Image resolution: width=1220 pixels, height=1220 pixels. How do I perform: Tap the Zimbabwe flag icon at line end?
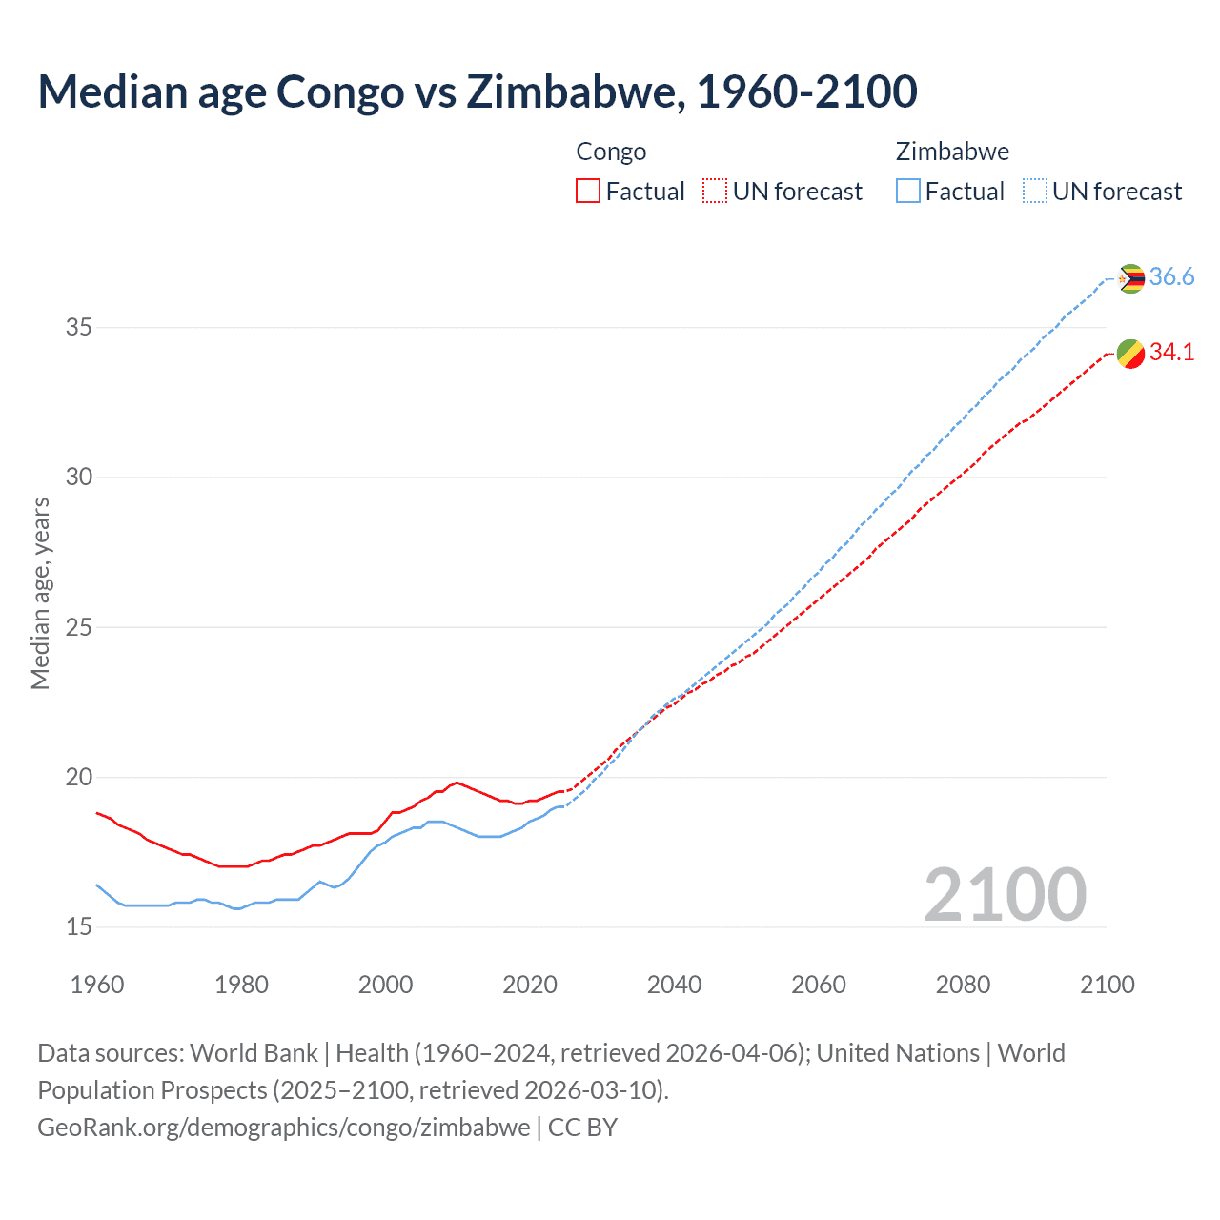click(x=1130, y=278)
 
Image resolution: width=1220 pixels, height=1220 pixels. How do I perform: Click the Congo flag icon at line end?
click(x=1130, y=353)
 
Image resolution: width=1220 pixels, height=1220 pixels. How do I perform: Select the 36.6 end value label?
click(x=1171, y=277)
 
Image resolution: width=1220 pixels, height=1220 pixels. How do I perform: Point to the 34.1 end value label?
click(x=1171, y=353)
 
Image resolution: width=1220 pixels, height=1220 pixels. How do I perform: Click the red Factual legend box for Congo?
click(x=588, y=192)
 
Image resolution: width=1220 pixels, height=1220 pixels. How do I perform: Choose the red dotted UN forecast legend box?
click(x=715, y=192)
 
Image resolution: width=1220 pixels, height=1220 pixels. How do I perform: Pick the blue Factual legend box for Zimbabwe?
click(x=908, y=192)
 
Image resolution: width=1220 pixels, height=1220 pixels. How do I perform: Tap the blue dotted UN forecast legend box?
click(x=1035, y=192)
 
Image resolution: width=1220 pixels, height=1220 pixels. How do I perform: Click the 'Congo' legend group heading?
click(x=611, y=152)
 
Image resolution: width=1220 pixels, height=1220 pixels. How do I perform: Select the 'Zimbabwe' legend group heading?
click(x=952, y=152)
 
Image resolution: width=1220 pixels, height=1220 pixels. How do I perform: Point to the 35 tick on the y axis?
click(x=78, y=328)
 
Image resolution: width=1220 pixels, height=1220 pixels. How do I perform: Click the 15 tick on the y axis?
click(x=78, y=927)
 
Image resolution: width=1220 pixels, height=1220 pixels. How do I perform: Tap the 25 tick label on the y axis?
click(x=78, y=628)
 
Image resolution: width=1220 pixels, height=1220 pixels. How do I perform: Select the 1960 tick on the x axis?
click(x=97, y=985)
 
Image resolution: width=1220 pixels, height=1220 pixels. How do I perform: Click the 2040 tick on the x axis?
click(x=674, y=985)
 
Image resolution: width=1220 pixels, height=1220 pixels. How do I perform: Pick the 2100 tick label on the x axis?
click(x=1107, y=985)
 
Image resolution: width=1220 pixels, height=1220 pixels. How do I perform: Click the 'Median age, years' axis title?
click(x=40, y=593)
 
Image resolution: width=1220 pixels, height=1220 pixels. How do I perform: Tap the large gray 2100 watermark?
click(x=1006, y=895)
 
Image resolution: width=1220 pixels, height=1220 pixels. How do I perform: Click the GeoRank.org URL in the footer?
click(x=283, y=1128)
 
